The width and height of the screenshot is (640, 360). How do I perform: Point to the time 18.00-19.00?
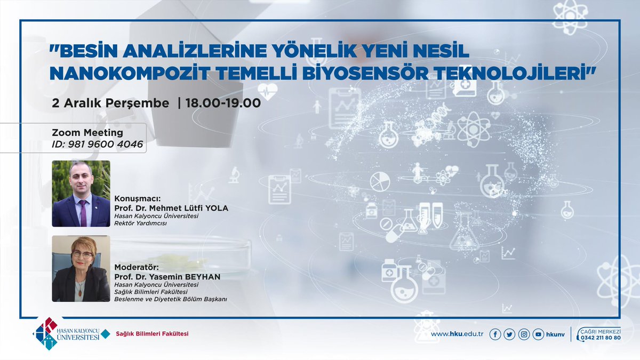223,103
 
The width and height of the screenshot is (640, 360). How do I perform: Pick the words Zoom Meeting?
87,132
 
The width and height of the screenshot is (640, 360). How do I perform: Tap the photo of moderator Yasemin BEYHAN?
81,268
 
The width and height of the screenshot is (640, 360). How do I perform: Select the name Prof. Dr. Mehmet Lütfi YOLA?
171,208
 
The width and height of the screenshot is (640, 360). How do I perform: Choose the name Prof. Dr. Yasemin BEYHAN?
167,276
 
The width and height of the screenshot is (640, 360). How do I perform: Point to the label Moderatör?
137,266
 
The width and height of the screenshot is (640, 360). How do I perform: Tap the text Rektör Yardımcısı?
140,223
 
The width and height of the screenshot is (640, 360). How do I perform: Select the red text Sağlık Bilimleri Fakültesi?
152,334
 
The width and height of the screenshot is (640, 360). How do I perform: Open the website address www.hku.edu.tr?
453,334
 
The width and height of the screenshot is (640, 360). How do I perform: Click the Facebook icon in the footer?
495,334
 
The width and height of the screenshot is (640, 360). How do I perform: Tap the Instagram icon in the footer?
524,334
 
